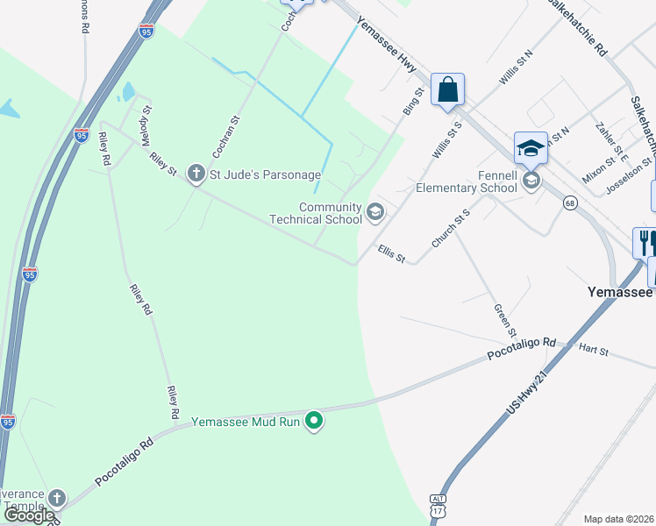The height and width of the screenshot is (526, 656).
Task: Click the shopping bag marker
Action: point(447,90)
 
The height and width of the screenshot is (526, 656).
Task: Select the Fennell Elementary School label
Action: point(467,181)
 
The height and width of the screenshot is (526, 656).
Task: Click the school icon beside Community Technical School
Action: point(375,211)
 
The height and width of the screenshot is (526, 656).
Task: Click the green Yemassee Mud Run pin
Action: point(314,422)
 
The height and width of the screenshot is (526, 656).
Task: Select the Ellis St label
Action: point(391,254)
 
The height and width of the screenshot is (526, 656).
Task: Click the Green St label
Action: point(503,319)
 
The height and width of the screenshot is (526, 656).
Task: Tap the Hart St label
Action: point(593,349)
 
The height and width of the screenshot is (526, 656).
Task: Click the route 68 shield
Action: point(570,203)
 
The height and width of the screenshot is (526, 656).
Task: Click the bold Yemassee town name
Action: point(619,292)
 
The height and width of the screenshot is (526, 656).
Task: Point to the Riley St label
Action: point(163,163)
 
